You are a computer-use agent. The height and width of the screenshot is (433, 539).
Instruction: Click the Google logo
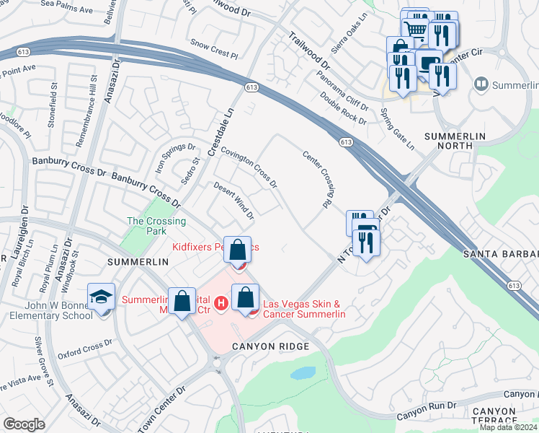(24, 424)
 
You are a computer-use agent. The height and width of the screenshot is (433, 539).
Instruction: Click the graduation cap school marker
(101, 297)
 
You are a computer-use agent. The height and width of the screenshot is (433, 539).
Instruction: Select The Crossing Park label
(156, 227)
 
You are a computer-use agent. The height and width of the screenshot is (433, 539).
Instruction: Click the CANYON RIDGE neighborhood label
(270, 347)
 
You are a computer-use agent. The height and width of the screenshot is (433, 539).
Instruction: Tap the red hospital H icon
(220, 302)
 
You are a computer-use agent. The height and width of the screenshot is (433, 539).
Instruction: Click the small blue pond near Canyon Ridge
(303, 373)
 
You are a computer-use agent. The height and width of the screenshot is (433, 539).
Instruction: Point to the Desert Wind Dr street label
(234, 201)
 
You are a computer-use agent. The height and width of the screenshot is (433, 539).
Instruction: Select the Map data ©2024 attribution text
(508, 427)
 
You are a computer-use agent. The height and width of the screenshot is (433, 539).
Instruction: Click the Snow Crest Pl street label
(214, 54)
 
